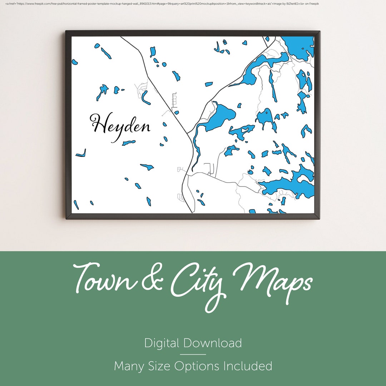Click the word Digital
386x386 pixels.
(x=162, y=343)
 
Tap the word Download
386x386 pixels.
(x=213, y=343)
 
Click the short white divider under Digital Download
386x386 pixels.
(x=193, y=355)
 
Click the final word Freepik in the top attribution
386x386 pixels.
(x=315, y=4)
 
